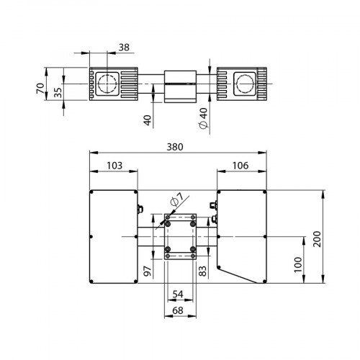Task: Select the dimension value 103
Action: pos(113,166)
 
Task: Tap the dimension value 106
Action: pos(241,166)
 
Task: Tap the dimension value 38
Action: pos(124,48)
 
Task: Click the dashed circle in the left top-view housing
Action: pos(108,83)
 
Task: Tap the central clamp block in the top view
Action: pos(179,86)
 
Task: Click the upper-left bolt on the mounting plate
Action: pos(167,223)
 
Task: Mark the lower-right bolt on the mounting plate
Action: pos(193,250)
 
